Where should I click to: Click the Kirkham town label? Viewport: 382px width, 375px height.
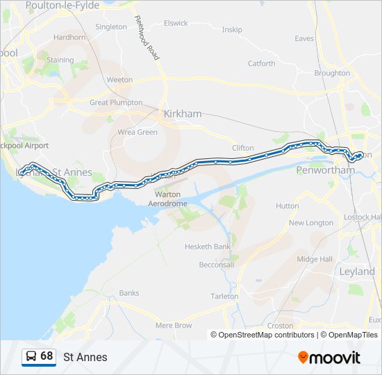(x=181, y=114)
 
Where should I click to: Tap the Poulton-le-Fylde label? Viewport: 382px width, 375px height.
(x=63, y=5)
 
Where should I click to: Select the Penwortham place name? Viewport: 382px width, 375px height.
(x=315, y=170)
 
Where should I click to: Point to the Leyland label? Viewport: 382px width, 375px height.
(x=357, y=272)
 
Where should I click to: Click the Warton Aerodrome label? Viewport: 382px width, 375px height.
(x=167, y=199)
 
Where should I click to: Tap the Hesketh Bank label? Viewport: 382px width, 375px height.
(x=207, y=247)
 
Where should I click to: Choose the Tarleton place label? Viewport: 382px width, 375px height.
(x=224, y=296)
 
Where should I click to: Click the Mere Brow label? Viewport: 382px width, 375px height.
(x=174, y=325)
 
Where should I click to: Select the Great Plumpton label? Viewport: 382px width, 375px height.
(x=116, y=102)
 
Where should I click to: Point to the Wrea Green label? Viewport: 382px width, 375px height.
(x=138, y=132)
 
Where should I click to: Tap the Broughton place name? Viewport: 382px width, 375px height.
(x=332, y=73)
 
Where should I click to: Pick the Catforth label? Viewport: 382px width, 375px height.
(x=262, y=63)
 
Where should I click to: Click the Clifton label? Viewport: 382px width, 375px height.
(x=243, y=148)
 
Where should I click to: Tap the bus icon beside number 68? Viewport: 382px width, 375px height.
(x=31, y=356)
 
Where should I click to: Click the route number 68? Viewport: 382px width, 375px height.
(x=47, y=356)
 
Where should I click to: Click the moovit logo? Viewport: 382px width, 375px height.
(x=329, y=357)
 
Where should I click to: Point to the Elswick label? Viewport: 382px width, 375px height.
(x=176, y=23)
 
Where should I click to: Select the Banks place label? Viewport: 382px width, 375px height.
(x=129, y=293)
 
